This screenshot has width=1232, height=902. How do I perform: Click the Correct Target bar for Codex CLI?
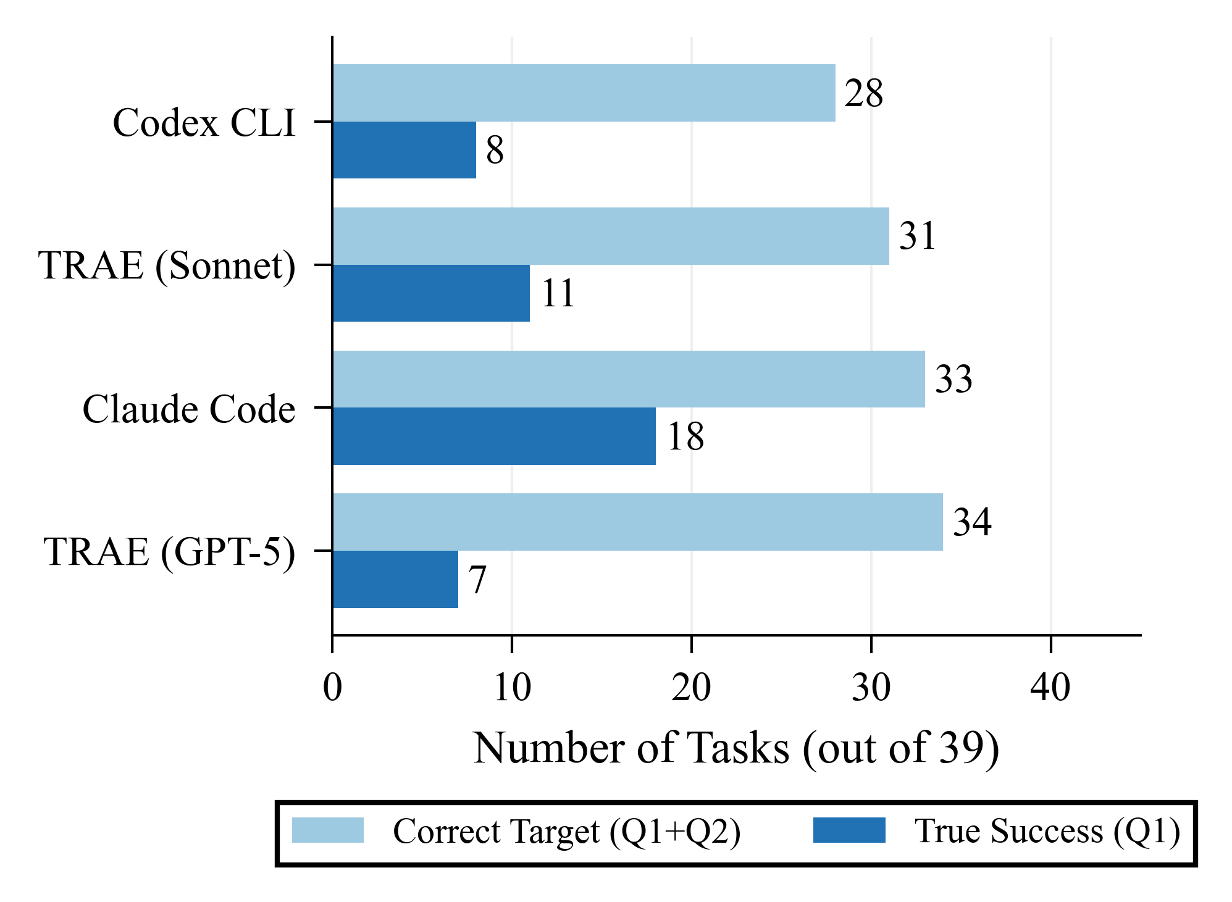[x=584, y=93]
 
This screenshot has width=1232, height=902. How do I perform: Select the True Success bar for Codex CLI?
[x=404, y=150]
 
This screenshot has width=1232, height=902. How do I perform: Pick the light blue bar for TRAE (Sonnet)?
[x=611, y=236]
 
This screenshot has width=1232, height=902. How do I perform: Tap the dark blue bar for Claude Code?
[x=494, y=436]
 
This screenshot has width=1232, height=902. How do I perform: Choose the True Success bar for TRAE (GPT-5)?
[x=395, y=579]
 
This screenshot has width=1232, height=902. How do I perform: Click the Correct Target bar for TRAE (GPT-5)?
[x=637, y=522]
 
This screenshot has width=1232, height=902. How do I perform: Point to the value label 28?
[x=864, y=94]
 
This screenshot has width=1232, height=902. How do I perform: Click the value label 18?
[x=685, y=436]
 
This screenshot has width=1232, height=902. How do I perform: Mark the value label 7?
[x=477, y=580]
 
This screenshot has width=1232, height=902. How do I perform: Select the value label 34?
[x=972, y=522]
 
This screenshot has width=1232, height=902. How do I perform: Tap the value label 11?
[x=558, y=293]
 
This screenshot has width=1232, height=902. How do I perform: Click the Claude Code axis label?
[x=189, y=409]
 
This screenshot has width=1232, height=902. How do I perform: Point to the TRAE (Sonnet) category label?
[x=167, y=265]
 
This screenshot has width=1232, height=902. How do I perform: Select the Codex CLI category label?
[x=204, y=122]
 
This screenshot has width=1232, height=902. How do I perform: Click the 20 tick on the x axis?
[x=691, y=687]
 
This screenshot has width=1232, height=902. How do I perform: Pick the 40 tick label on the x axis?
[x=1050, y=687]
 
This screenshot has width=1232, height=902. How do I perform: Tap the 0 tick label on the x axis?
[x=332, y=687]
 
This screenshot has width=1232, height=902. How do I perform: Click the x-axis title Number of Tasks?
[x=736, y=748]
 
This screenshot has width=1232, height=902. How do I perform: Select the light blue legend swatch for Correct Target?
[x=328, y=830]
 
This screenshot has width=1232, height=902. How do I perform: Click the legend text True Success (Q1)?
[x=1047, y=831]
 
